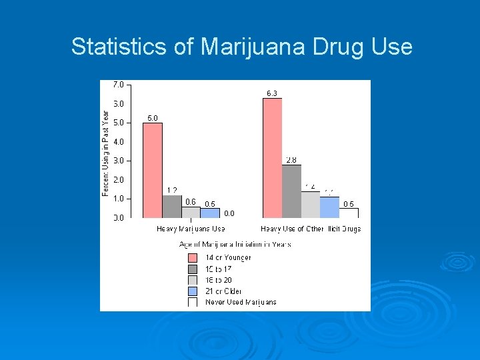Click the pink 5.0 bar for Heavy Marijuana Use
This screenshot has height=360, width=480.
click(153, 170)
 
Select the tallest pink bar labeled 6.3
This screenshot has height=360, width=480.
click(272, 158)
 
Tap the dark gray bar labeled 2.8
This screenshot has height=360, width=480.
click(291, 191)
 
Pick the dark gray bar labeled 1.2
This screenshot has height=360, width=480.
click(172, 207)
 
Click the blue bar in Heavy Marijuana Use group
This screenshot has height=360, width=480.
click(210, 213)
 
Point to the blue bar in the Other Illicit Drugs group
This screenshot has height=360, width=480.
click(329, 207)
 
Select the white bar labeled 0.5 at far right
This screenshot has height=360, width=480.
click(349, 213)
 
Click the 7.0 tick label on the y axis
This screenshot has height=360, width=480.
click(118, 85)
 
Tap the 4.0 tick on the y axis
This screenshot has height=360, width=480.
click(118, 142)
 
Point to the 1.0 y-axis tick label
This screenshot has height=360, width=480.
click(118, 199)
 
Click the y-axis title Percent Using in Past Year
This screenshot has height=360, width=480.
click(105, 153)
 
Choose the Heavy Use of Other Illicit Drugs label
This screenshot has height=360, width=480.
click(311, 229)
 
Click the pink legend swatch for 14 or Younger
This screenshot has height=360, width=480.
click(193, 257)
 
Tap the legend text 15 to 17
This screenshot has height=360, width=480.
click(219, 269)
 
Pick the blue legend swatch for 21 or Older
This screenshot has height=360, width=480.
click(193, 291)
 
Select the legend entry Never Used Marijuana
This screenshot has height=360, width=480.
click(241, 302)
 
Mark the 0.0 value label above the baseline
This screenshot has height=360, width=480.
click(229, 213)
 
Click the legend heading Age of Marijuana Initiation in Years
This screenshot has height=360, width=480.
click(234, 244)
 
